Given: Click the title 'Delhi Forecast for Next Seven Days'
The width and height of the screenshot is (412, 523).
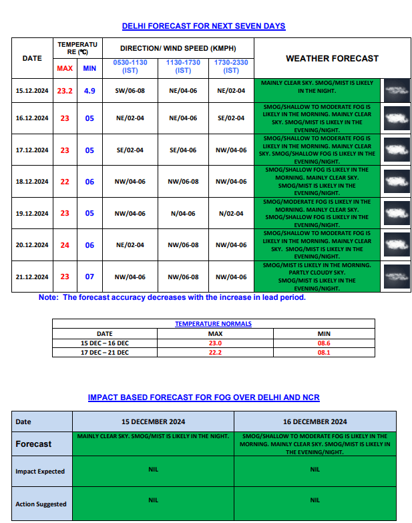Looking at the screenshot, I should (x=204, y=26).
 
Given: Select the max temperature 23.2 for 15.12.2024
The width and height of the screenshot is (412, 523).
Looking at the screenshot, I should (x=65, y=90).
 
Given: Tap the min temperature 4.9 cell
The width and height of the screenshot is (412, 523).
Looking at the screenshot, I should (x=89, y=90).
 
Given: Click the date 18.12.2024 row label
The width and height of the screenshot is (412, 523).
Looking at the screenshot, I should (x=32, y=182).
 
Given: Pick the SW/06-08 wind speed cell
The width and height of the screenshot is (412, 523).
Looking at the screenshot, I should (x=130, y=90).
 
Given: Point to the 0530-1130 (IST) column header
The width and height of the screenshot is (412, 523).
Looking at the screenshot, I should (x=130, y=66).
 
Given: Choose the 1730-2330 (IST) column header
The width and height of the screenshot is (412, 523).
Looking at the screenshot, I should (x=231, y=66).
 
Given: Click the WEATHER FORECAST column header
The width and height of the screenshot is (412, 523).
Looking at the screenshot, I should (x=332, y=59).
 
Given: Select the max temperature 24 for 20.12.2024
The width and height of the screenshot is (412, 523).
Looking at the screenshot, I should (x=65, y=245).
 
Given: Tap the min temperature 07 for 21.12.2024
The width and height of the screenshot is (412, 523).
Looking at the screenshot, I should (x=89, y=277).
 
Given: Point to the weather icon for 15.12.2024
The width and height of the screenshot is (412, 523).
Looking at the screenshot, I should (x=397, y=90).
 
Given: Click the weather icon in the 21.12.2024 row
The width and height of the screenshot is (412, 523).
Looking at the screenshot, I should (x=397, y=277).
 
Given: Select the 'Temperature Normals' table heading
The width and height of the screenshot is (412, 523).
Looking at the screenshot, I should (x=214, y=324).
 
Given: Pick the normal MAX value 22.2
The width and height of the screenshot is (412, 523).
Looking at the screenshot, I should (x=215, y=352).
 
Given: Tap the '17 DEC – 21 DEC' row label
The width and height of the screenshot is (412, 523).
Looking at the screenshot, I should (x=105, y=352).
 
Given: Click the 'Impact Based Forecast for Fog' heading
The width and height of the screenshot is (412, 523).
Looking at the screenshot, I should (x=204, y=397).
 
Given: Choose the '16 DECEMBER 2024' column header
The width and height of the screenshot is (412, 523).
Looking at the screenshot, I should (x=315, y=421).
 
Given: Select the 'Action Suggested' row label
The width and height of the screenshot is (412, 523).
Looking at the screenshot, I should (x=41, y=504).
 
